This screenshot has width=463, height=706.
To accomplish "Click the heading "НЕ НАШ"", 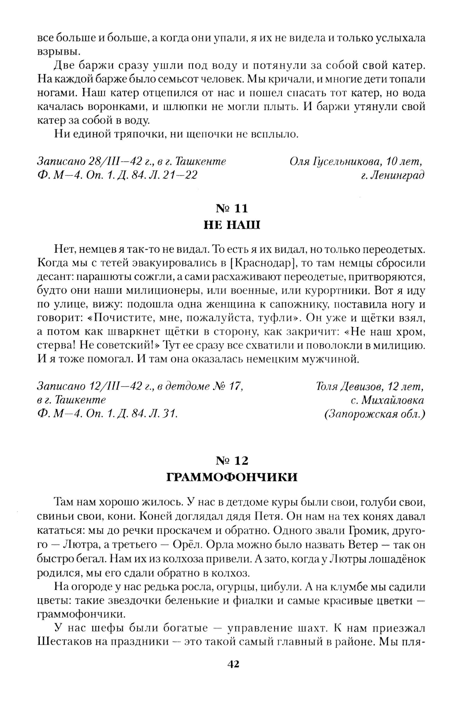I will coord(232,225).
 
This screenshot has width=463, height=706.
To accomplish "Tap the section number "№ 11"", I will coord(232,209).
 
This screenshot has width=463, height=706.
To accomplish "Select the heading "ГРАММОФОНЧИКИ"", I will coord(232,477).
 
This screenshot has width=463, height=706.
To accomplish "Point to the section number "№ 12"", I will coord(232,460).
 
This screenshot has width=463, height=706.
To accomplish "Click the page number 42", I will coord(232,664).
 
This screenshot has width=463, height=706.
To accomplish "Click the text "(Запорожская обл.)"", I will coord(375,414).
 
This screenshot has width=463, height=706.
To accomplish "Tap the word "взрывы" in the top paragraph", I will coord(53,51).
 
